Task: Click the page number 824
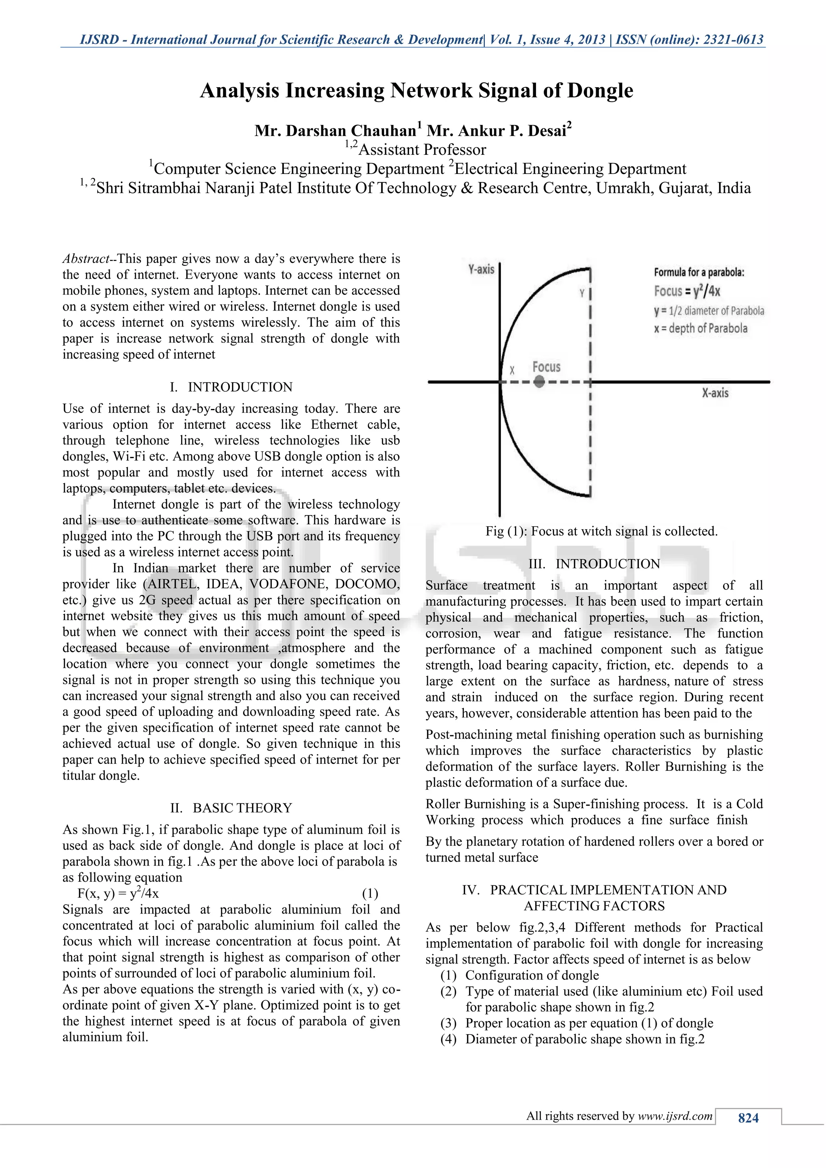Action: click(x=748, y=1118)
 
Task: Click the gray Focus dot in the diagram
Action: click(x=540, y=382)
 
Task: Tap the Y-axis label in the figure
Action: click(x=481, y=269)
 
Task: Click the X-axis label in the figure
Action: click(x=715, y=393)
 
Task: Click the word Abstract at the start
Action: click(x=85, y=259)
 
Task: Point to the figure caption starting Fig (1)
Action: click(x=601, y=531)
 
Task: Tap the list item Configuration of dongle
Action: click(x=532, y=975)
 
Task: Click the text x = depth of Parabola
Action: click(x=701, y=328)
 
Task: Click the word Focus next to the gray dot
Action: click(x=546, y=367)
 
